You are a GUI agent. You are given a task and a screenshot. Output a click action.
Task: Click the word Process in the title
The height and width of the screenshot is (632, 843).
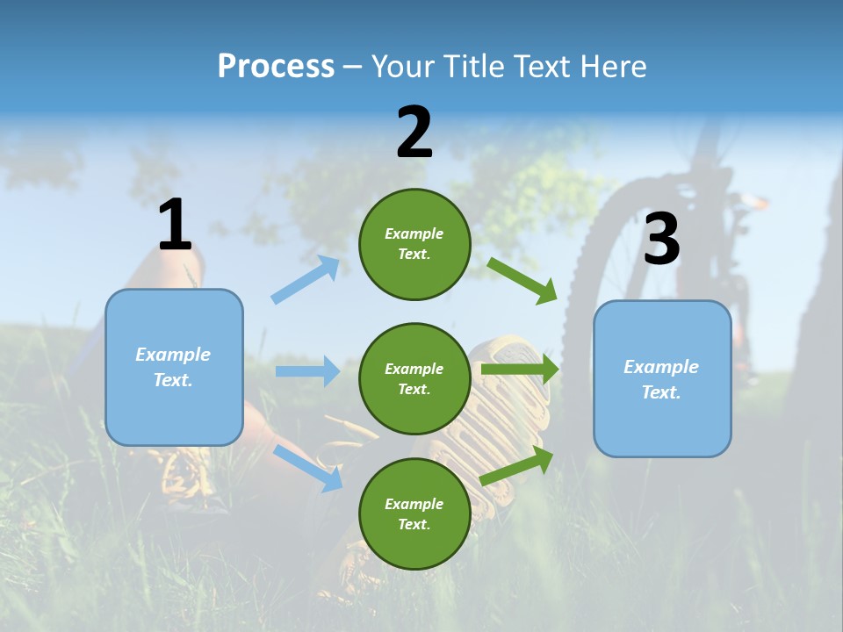coord(276,67)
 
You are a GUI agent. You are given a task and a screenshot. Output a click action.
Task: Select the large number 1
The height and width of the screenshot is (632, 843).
coord(175,225)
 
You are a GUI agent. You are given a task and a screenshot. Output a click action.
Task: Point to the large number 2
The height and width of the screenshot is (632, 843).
coord(414,133)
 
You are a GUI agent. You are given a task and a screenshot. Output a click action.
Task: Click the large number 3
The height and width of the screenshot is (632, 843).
coord(661,240)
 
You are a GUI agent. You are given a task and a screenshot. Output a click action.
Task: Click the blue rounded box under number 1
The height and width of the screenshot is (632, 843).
coord(174,367)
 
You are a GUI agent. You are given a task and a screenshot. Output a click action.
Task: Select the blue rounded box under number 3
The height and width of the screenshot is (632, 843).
coord(662,379)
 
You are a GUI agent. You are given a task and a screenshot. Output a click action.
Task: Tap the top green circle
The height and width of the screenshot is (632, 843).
coord(414,244)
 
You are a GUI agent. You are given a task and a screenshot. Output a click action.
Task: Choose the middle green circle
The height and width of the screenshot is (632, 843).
coord(414,378)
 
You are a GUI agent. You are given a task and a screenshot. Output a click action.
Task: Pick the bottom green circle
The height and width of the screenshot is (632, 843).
coord(414,513)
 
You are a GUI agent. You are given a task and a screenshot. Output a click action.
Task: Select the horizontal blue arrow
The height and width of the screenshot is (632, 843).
coord(307,371)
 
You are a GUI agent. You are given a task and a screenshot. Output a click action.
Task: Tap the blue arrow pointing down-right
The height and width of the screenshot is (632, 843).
coord(308,467)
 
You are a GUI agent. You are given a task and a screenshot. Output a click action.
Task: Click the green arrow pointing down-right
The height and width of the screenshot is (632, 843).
coord(522,280)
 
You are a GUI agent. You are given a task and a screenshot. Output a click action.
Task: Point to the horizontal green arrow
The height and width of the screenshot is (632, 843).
coord(520,370)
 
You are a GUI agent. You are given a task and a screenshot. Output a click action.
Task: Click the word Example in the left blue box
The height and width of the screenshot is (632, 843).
coord(173,355)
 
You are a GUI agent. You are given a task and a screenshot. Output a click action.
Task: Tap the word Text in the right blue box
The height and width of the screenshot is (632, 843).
coord(660,392)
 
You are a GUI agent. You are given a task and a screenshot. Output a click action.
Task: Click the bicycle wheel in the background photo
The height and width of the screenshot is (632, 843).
coord(615,263)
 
